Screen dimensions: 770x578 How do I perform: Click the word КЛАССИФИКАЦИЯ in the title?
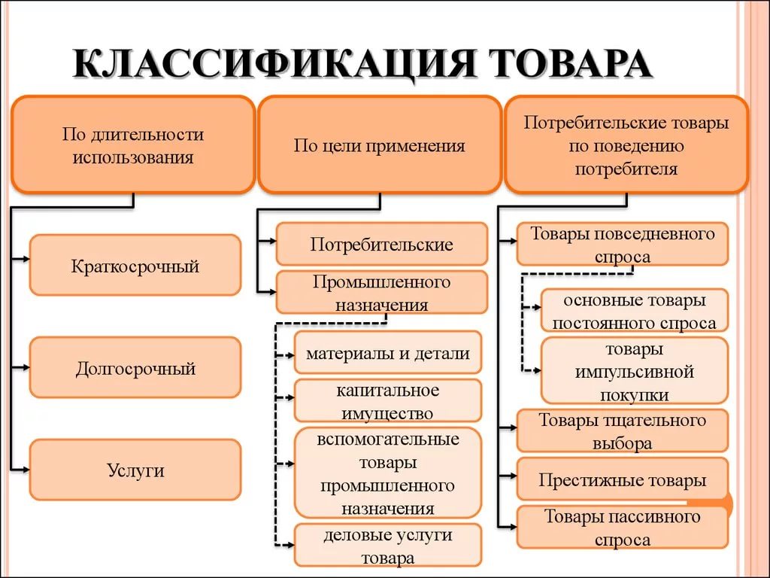coord(274,63)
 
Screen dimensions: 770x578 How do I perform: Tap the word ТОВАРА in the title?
coord(572,63)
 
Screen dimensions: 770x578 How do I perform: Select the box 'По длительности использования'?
coord(133,144)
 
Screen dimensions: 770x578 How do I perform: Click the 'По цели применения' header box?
coord(380,144)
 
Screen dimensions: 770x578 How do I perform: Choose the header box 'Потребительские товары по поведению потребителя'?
coord(626,144)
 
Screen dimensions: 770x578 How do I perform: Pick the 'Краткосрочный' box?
coord(135,266)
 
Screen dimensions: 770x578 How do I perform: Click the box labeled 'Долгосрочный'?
coord(135,367)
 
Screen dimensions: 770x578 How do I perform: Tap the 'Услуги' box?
coord(135,470)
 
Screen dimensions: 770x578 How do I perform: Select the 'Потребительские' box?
coord(381,245)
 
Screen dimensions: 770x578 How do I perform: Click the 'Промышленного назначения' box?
coord(381,293)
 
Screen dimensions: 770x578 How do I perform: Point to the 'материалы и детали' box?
coord(388,352)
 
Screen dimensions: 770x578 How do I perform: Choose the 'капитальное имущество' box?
coord(388,400)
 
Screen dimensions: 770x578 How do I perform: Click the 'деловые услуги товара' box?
coord(388,545)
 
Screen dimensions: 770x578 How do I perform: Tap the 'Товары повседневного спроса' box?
coord(622,245)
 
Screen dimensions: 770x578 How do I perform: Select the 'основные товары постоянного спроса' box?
coord(635,311)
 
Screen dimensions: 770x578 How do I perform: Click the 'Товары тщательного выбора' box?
coord(622,430)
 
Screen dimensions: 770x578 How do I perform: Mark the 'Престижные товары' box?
coord(622,479)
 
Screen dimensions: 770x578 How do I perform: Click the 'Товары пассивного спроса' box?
coord(622,528)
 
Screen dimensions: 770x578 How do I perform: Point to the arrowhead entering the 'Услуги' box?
coord(26,470)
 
